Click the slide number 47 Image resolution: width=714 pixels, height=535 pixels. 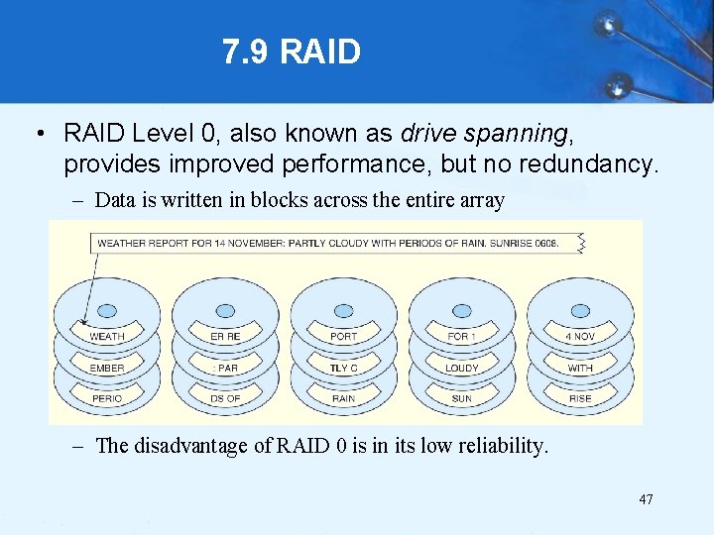coord(646,499)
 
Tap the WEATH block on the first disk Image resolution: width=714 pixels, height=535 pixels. coord(107,337)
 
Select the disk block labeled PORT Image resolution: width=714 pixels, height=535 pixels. coord(343,337)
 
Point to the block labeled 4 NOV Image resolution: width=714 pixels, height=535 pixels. coord(580,337)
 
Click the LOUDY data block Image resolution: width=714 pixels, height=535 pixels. coord(461,368)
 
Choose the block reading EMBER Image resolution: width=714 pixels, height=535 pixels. coord(107,368)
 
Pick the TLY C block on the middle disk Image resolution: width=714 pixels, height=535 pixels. coord(343,368)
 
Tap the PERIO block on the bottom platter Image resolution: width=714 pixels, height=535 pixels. coord(107,398)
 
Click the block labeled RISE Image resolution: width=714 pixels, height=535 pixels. coord(580,398)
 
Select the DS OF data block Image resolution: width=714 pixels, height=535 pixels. coord(225,398)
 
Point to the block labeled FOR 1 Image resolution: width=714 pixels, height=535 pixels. coord(461,337)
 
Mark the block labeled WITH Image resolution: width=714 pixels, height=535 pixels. coord(580,368)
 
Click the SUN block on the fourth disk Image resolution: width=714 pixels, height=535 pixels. coord(461,398)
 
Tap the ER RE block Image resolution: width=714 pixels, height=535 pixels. coord(225,337)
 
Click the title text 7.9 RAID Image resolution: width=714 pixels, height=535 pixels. coord(291,52)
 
